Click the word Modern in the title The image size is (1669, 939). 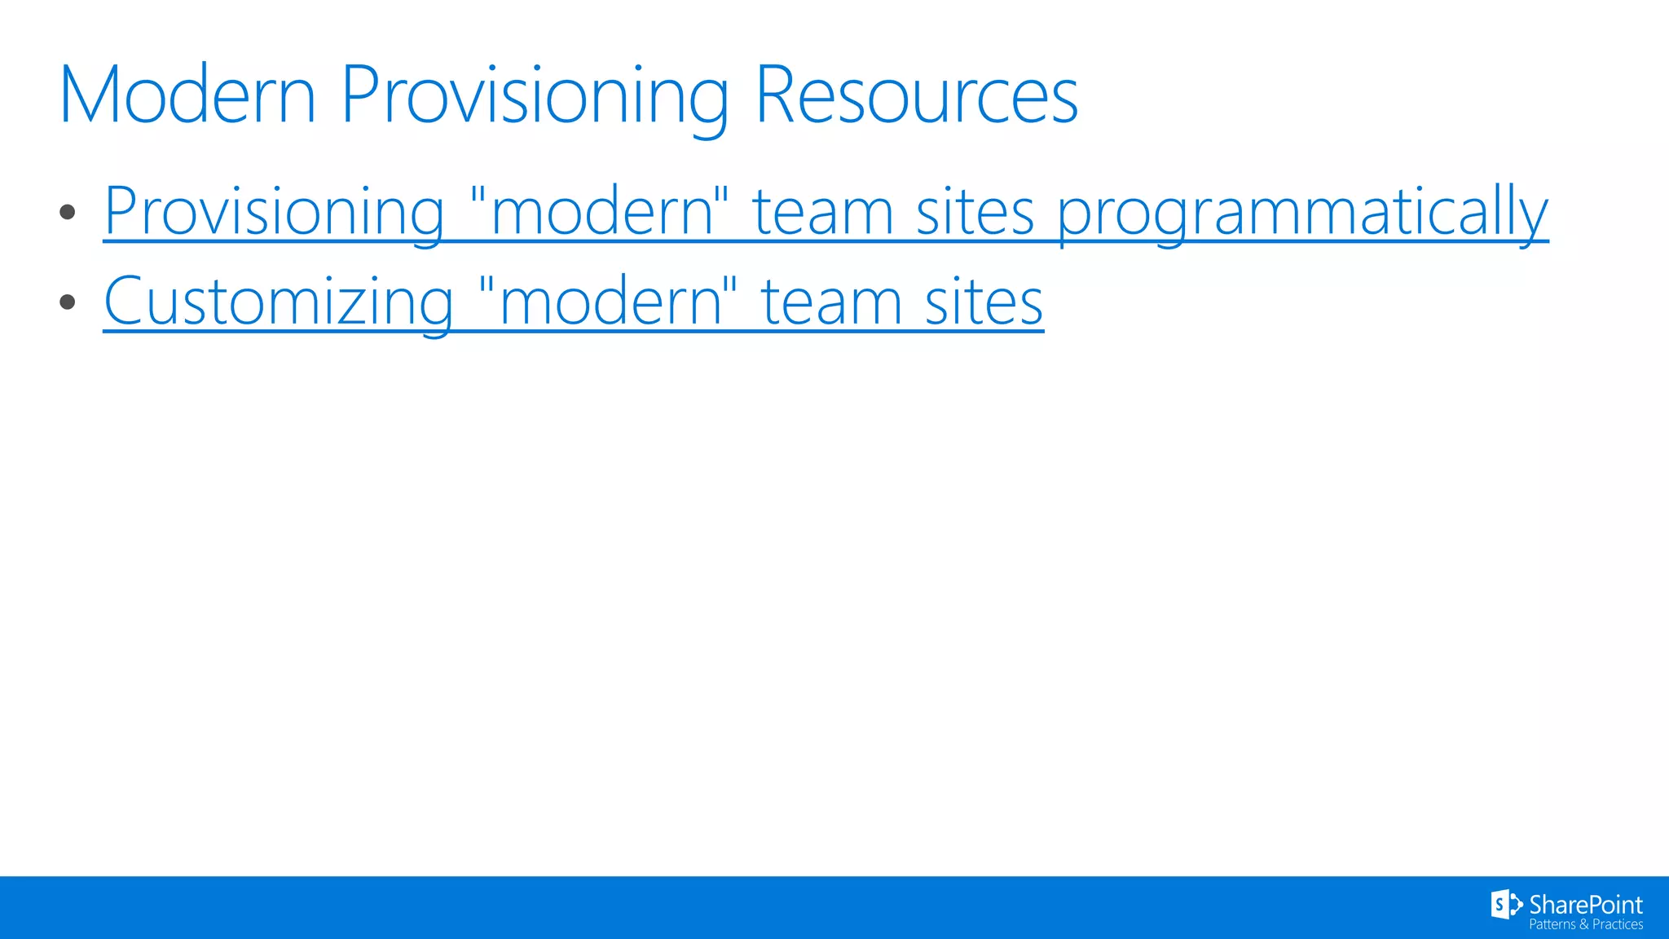[x=187, y=95]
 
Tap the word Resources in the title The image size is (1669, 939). [x=917, y=95]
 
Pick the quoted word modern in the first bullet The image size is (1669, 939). [x=599, y=212]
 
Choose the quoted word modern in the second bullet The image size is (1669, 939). [x=608, y=302]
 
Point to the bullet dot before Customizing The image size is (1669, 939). [x=68, y=302]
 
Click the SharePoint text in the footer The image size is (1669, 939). [x=1585, y=905]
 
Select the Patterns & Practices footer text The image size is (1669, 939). [x=1585, y=924]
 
